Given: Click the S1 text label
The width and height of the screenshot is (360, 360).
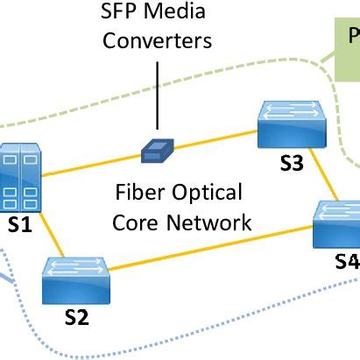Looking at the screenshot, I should coord(19,225).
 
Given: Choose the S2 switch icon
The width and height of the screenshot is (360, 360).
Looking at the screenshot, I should coord(77,279).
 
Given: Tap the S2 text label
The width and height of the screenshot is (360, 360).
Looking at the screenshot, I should coord(77,317).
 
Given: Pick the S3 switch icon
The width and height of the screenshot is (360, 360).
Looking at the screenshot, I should coord(292,126).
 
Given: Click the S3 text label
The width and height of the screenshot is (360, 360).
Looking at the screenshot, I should coord(292,163).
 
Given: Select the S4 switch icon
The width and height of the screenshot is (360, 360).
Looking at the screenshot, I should coord(338,222).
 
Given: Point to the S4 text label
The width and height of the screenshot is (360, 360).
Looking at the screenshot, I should coord(346,261).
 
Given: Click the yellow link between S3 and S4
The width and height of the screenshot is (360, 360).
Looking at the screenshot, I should coord(327,180).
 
